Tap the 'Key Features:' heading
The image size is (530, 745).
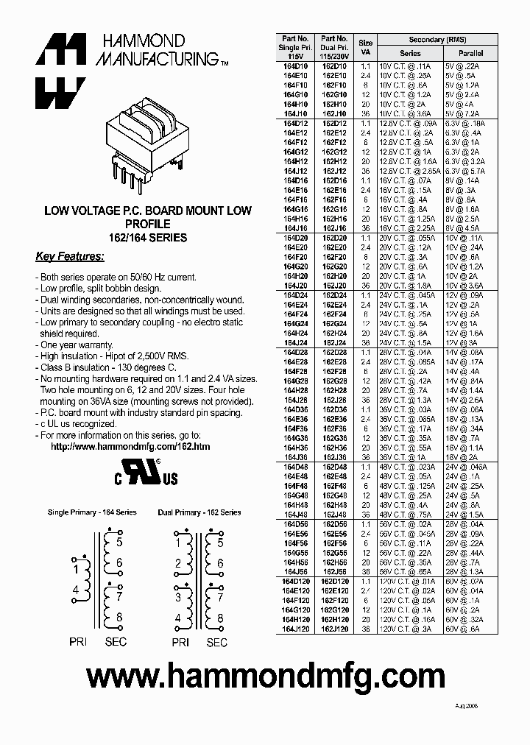point(70,257)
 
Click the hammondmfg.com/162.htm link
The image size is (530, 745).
point(130,446)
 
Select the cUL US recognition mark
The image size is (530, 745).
point(146,473)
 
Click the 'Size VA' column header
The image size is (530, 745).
point(365,48)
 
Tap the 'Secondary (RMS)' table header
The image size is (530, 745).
point(437,40)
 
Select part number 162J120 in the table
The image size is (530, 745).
point(335,629)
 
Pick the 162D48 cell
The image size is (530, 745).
point(335,467)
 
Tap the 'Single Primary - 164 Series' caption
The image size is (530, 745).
point(92,512)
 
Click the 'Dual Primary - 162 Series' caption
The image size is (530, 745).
point(199,512)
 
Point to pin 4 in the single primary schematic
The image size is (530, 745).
point(75,590)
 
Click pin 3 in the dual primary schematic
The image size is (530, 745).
point(178,598)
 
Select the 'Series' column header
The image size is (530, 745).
point(410,54)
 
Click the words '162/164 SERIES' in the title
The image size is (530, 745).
point(147,238)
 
